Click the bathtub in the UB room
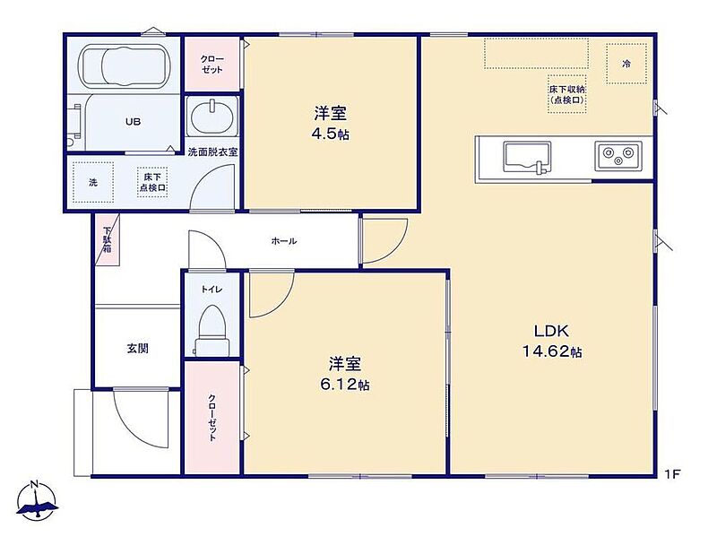(124, 66)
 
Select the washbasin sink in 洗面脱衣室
(212, 117)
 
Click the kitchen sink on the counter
(527, 158)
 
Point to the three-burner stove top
(618, 155)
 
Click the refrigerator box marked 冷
(626, 64)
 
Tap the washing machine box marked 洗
(93, 182)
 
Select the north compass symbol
(37, 500)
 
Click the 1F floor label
(673, 474)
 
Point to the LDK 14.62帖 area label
(552, 341)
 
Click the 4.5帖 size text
(330, 134)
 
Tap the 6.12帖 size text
(345, 385)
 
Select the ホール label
(284, 240)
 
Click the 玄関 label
(138, 349)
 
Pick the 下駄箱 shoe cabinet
(108, 239)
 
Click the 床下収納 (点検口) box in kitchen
(567, 94)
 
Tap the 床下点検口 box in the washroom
(152, 182)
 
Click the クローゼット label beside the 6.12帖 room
(212, 417)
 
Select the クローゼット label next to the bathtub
(212, 64)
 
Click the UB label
(133, 122)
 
